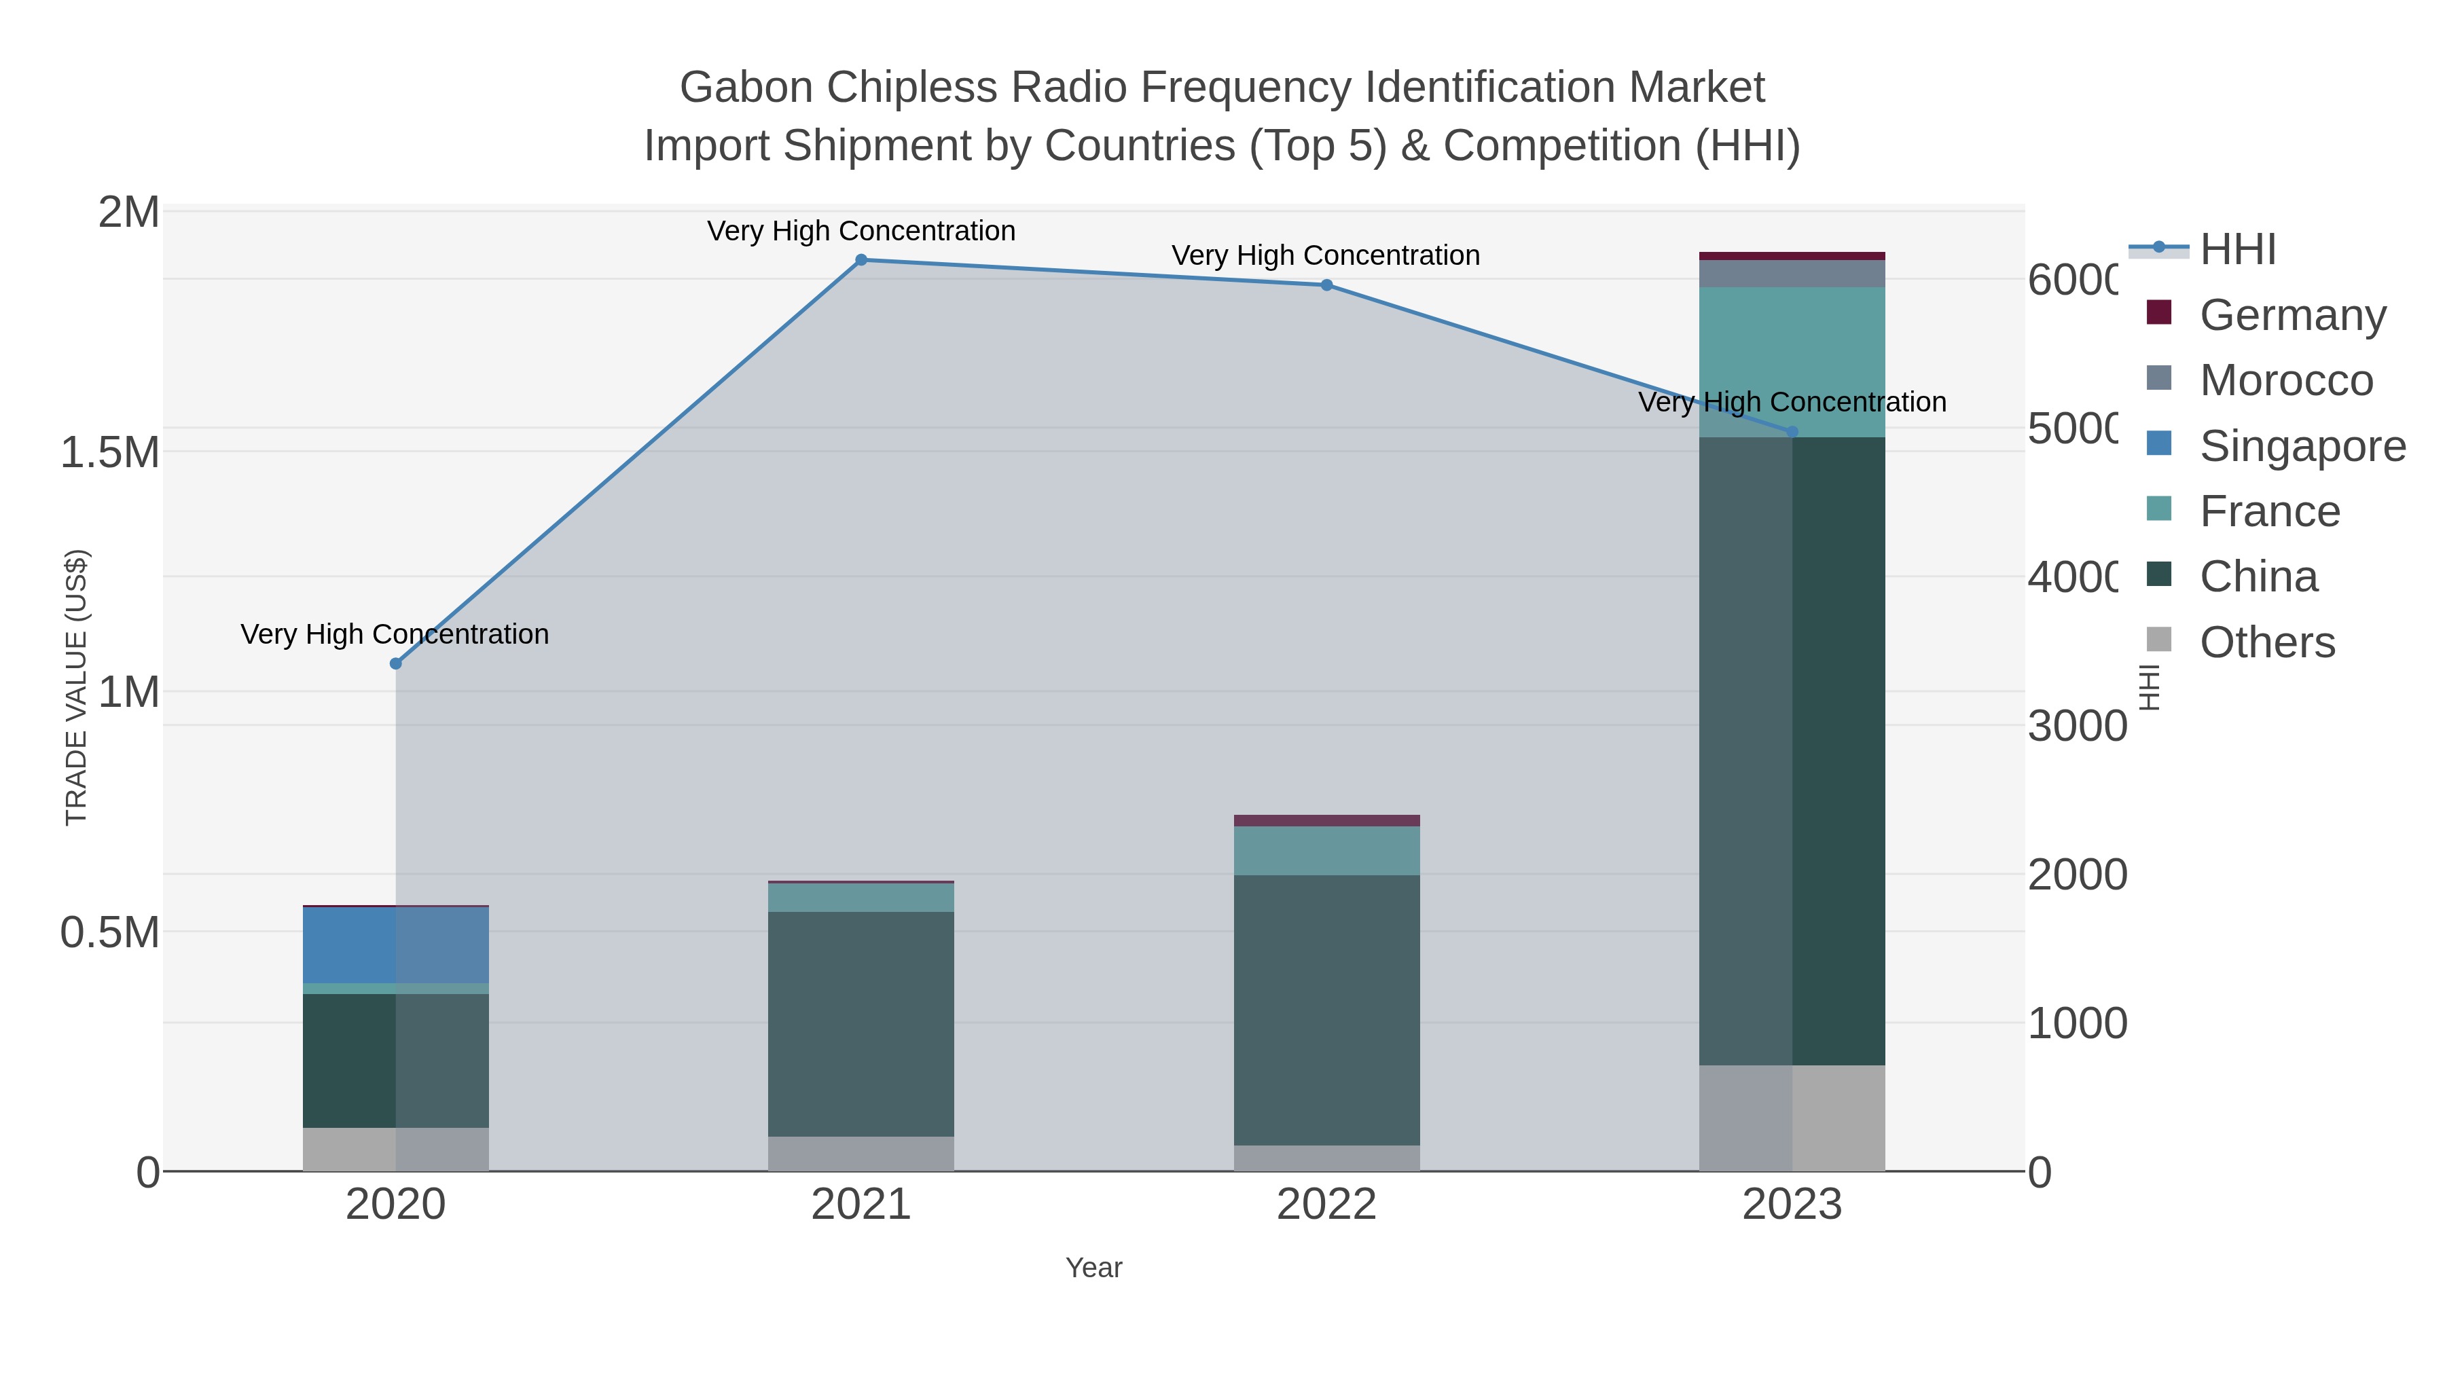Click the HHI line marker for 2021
861,260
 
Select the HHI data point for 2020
396,663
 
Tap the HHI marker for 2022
1326,285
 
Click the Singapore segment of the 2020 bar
396,945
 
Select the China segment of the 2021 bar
861,1024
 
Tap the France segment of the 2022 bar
1326,850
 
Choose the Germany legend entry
2292,315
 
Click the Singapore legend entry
2302,446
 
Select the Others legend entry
2266,642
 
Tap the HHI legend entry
2237,250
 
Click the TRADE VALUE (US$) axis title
76,687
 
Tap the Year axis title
1093,1268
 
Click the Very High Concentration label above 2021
861,232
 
